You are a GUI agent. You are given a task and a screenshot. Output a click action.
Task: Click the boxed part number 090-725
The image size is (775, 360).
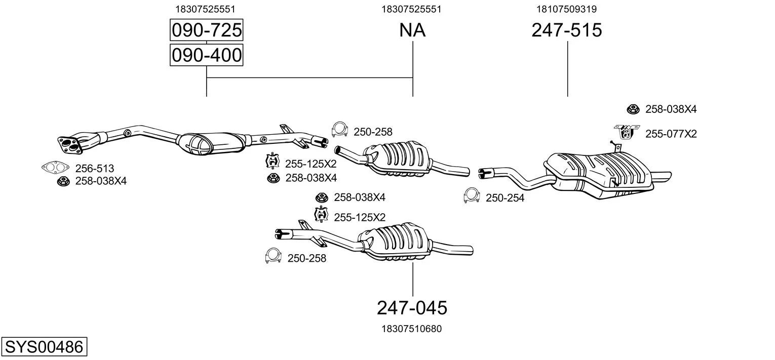point(206,30)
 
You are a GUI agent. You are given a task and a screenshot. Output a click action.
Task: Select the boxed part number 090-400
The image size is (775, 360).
point(206,55)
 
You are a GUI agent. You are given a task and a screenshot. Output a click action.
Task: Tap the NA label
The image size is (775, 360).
point(412,30)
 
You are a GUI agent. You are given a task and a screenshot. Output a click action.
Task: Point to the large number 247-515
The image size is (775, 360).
point(567,30)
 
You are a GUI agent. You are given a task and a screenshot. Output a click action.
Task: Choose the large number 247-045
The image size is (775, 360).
point(412,307)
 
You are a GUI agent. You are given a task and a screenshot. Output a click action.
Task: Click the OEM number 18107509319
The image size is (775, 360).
point(567,9)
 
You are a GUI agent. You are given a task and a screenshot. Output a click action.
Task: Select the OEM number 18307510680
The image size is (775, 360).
point(412,329)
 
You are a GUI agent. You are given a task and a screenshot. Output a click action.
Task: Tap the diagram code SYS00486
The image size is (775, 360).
point(44,347)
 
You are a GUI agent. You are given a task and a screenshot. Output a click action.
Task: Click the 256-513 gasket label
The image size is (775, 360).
point(94,168)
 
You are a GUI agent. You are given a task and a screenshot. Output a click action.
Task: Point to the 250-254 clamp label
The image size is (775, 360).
point(505,198)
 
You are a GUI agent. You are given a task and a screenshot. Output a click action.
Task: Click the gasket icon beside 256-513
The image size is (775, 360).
point(55,167)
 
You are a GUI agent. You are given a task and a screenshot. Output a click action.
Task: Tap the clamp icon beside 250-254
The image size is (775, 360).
point(471,196)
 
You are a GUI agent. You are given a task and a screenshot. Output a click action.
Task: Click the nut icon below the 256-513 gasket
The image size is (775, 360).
point(63,181)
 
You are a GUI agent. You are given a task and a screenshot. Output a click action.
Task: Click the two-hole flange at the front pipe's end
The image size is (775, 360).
point(70,143)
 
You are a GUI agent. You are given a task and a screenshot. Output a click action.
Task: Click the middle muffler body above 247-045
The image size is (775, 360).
point(395,242)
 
